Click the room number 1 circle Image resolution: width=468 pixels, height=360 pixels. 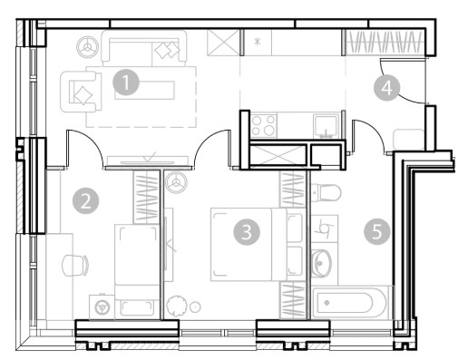click(126, 83)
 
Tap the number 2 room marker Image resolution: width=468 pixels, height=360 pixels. click(86, 200)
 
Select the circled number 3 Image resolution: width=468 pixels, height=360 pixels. click(247, 232)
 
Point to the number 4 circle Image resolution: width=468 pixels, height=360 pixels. click(387, 88)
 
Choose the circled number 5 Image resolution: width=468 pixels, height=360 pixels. click(377, 232)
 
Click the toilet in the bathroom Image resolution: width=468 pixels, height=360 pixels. click(326, 192)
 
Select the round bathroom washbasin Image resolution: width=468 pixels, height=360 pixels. click(321, 263)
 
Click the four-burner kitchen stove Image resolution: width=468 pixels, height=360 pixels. click(264, 125)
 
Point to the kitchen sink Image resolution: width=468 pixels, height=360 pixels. click(327, 125)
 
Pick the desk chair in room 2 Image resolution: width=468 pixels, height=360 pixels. click(75, 265)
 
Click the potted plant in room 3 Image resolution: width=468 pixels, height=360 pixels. click(176, 306)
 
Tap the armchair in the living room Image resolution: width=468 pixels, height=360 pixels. click(81, 92)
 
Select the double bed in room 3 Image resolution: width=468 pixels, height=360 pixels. click(249, 244)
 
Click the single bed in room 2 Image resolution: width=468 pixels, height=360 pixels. click(137, 271)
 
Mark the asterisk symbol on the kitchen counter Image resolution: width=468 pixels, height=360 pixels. click(258, 42)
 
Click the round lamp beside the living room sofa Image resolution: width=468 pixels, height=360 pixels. click(88, 47)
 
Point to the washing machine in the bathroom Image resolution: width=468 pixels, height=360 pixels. click(325, 229)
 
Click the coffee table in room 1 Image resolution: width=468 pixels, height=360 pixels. click(144, 90)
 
